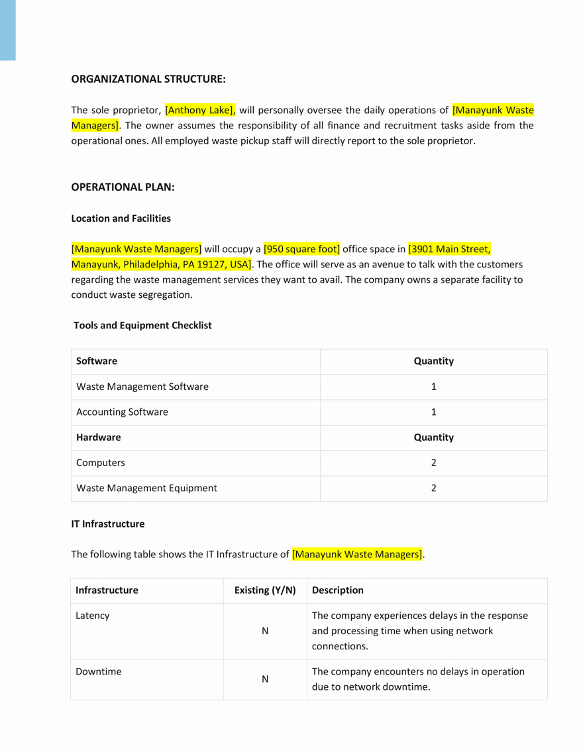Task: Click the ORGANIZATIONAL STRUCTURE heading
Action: [148, 79]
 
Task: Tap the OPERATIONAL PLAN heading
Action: [123, 187]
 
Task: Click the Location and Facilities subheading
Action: [121, 218]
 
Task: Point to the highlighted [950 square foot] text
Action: [301, 250]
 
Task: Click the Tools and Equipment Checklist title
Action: [142, 326]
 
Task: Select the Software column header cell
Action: [97, 361]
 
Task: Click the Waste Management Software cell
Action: [142, 387]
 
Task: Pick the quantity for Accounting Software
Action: [433, 412]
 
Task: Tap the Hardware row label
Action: [99, 438]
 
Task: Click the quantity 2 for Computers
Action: [433, 463]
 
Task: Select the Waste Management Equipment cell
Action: [146, 489]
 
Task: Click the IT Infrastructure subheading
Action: [108, 524]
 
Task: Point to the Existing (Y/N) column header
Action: [265, 590]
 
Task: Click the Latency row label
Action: [93, 616]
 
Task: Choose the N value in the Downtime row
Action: [265, 679]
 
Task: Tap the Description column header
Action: [338, 590]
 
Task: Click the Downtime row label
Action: [99, 672]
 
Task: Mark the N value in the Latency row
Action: [265, 632]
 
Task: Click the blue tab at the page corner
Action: [7, 30]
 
